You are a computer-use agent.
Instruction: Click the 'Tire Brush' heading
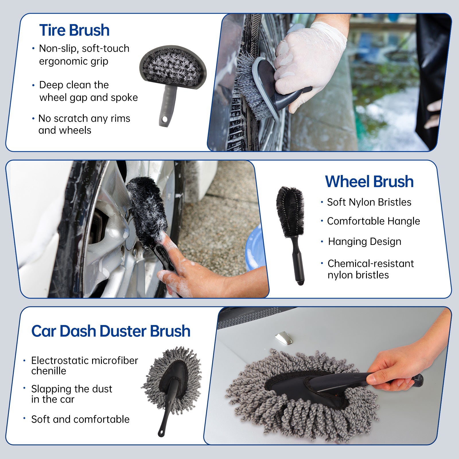tap(74, 30)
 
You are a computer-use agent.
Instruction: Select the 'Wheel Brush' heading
tap(369, 182)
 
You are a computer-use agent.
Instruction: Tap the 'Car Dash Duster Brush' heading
tap(111, 331)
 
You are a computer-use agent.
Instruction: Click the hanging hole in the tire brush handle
tap(164, 119)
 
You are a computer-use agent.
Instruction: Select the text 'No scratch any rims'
tap(84, 118)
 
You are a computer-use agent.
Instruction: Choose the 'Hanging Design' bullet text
tap(365, 242)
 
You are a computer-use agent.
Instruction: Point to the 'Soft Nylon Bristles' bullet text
tap(369, 202)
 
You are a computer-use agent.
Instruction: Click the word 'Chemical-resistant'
tap(371, 263)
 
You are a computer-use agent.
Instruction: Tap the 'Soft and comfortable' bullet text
tap(80, 419)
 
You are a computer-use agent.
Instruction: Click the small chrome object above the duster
tap(284, 338)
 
